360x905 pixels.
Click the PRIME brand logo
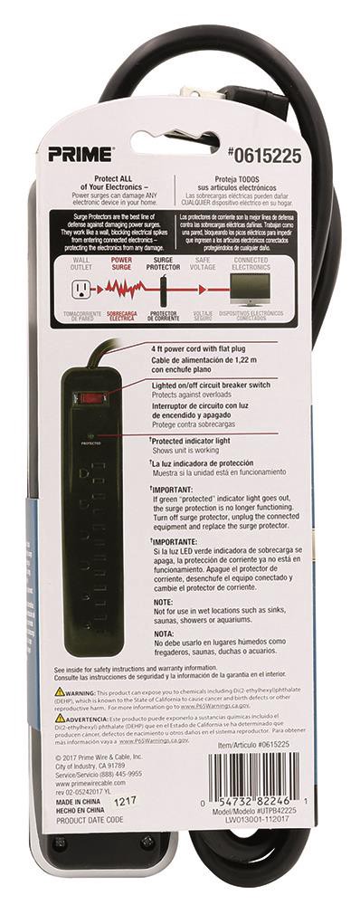pos(88,155)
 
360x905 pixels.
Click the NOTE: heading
pos(164,601)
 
